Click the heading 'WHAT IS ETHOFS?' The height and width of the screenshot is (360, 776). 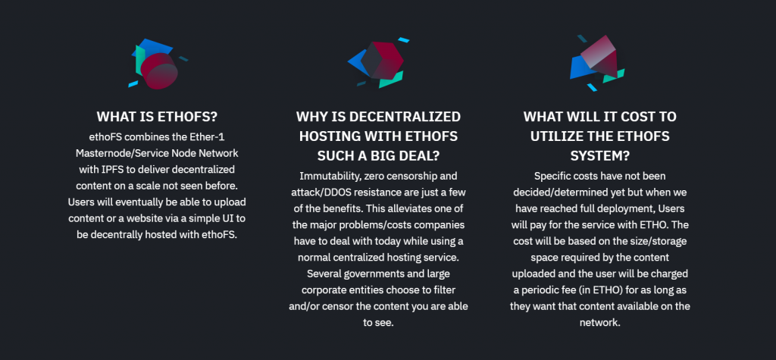(157, 117)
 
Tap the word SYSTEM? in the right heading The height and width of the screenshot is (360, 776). (600, 155)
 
